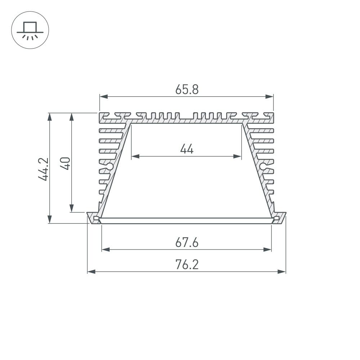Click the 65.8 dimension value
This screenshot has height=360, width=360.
187,89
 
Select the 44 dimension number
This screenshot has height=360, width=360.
187,149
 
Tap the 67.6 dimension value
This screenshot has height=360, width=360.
187,243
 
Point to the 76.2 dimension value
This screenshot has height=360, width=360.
187,265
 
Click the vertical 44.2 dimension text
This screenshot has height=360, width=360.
44,168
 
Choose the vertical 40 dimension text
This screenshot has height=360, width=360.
66,163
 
